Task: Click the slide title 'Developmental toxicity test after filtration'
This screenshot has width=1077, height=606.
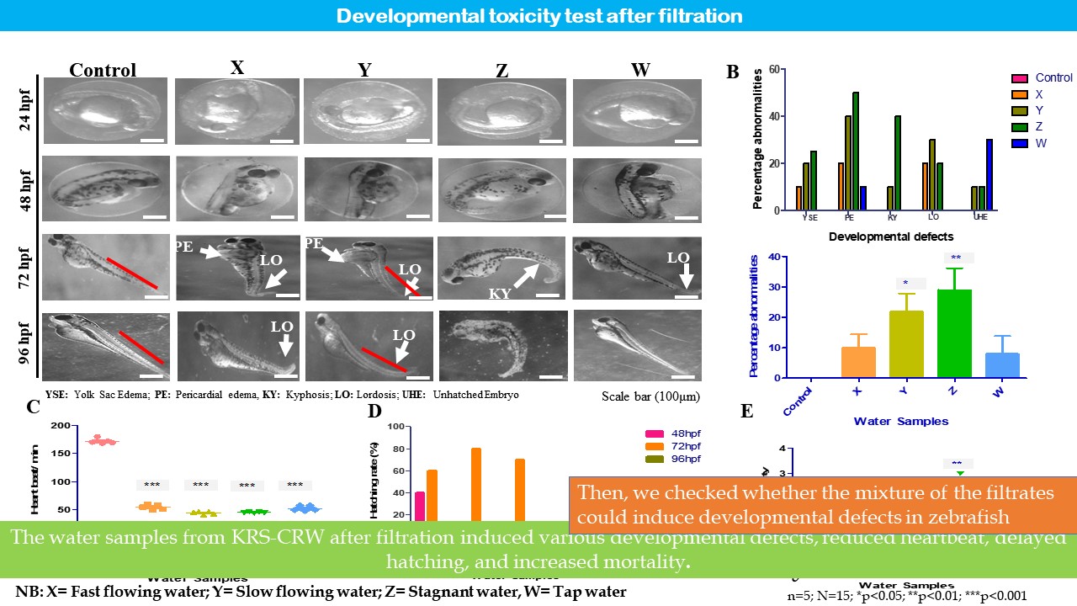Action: pos(539,16)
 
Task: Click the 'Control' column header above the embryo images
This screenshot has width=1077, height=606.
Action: pos(102,71)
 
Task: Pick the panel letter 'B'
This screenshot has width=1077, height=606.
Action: pos(733,72)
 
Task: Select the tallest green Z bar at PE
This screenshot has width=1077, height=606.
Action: pos(856,151)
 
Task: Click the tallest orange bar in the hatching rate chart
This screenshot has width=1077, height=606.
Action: pos(476,488)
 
